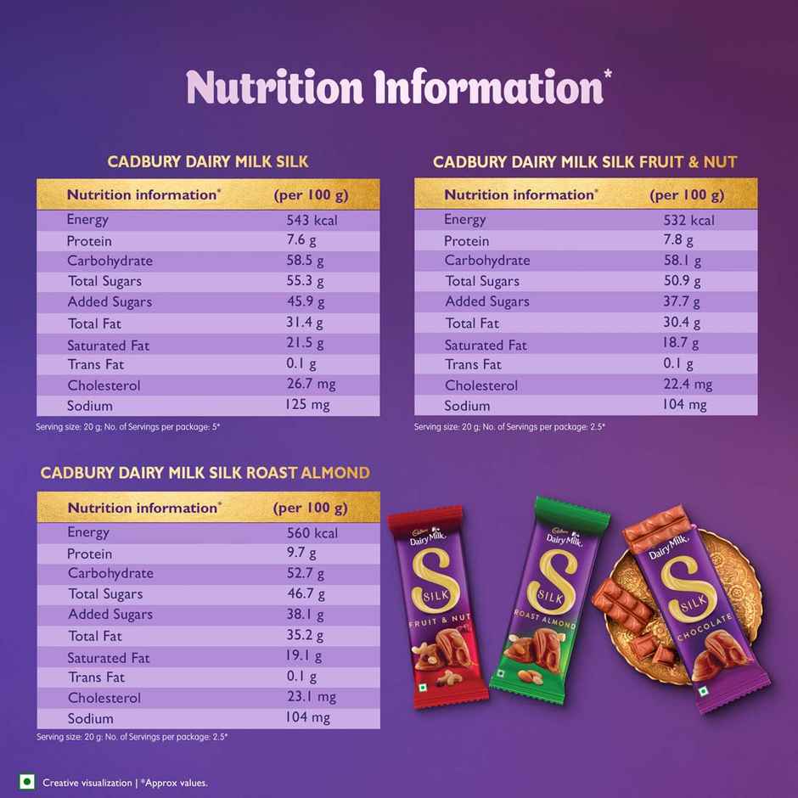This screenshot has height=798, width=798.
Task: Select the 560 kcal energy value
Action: click(x=312, y=533)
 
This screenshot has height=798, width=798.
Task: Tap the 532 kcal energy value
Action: click(x=688, y=220)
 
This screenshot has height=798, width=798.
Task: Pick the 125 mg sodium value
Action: click(x=307, y=405)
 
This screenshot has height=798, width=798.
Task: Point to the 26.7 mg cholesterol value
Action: click(x=311, y=384)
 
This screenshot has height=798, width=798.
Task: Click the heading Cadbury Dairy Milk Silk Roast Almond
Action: click(x=205, y=473)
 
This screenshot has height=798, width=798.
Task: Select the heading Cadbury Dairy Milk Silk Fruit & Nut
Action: click(x=585, y=161)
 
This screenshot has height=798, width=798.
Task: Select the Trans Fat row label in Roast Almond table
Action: click(x=96, y=677)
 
